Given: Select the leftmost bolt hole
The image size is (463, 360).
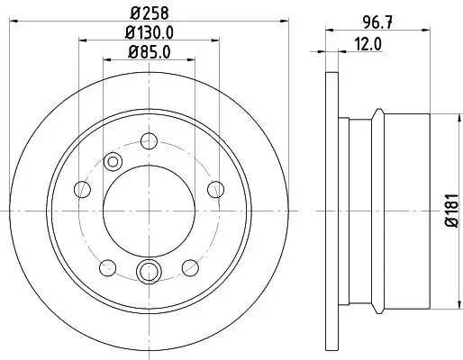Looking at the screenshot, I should pyautogui.click(x=83, y=188).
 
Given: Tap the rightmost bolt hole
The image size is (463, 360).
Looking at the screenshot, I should pyautogui.click(x=214, y=188).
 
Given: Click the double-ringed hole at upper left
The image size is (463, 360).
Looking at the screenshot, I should pyautogui.click(x=113, y=161).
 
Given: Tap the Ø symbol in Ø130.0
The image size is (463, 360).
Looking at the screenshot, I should pyautogui.click(x=132, y=34).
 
